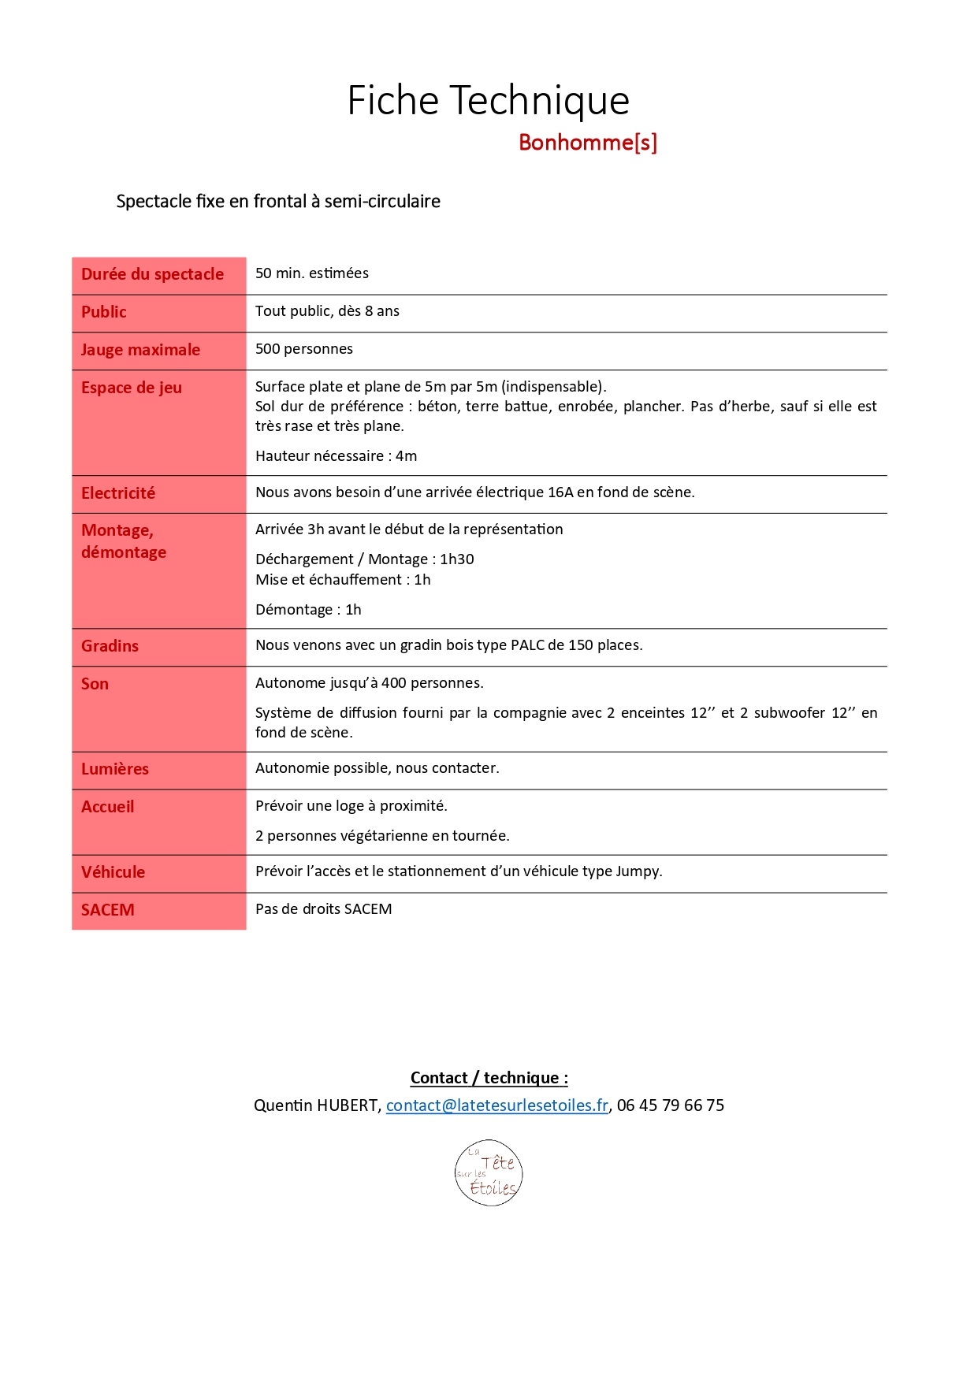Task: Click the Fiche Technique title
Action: tap(488, 101)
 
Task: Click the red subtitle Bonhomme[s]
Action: tap(587, 143)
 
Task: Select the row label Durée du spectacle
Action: tap(152, 274)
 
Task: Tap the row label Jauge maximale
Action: tap(140, 350)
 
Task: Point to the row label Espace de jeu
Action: tap(132, 388)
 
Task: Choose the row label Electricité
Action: tap(118, 493)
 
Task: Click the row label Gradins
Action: tap(110, 646)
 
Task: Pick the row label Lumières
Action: tap(115, 769)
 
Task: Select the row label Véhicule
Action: tap(113, 872)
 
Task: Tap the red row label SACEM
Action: tap(108, 910)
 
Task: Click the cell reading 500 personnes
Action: tap(304, 349)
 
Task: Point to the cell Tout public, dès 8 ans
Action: tap(327, 311)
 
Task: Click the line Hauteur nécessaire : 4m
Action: tap(336, 456)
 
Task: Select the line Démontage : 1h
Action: tap(308, 610)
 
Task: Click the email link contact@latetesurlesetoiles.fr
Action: tap(496, 1105)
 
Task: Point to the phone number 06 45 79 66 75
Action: tap(670, 1105)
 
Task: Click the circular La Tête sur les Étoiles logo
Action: tap(489, 1173)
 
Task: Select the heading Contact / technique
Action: tap(489, 1078)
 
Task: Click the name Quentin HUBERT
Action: tap(317, 1105)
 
